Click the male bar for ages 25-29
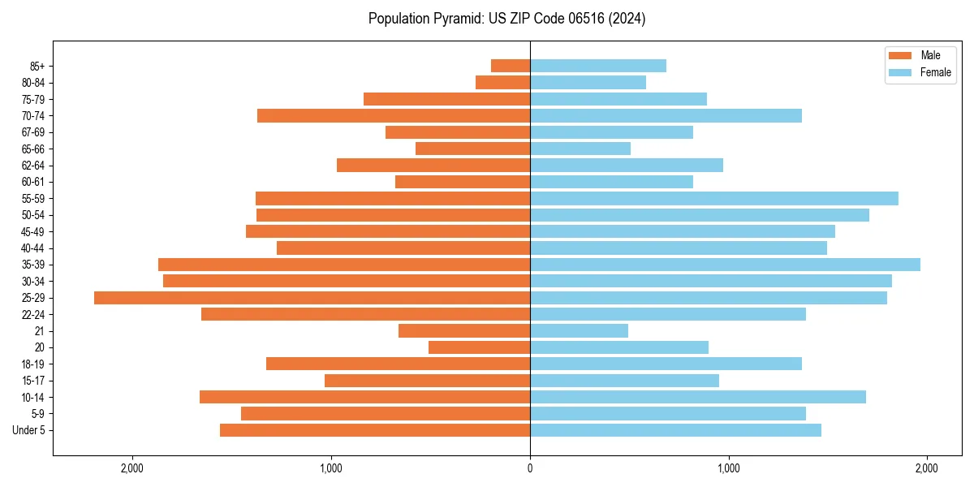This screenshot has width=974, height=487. coord(312,298)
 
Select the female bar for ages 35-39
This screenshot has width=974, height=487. coord(725,265)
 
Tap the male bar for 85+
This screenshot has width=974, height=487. coord(511,66)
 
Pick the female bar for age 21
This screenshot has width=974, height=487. coord(579,331)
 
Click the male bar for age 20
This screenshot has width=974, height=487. coord(479,347)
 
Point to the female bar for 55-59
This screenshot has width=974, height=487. coord(714,199)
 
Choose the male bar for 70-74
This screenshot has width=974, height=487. coord(394,116)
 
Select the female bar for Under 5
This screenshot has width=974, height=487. coord(675,430)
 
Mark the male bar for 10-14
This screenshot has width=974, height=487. coord(364,397)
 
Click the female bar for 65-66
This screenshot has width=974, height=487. coord(580,149)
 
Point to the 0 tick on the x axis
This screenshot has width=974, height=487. coord(530,468)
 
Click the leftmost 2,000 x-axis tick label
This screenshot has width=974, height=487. coord(132,468)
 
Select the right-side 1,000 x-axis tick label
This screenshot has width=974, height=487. coord(728,468)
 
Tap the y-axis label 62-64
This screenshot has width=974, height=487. coord(33,166)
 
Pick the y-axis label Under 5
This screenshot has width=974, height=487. coord(29,430)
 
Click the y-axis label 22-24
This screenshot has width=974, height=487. coord(33,315)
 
